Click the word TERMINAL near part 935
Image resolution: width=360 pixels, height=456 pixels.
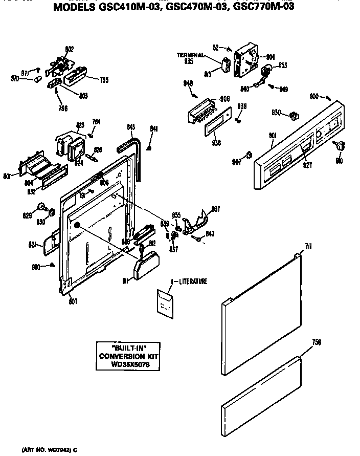[191, 55]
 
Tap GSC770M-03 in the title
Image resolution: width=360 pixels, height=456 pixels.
[262, 8]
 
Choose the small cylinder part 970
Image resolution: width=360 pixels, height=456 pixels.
[38, 79]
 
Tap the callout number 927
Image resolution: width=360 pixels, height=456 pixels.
[307, 165]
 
